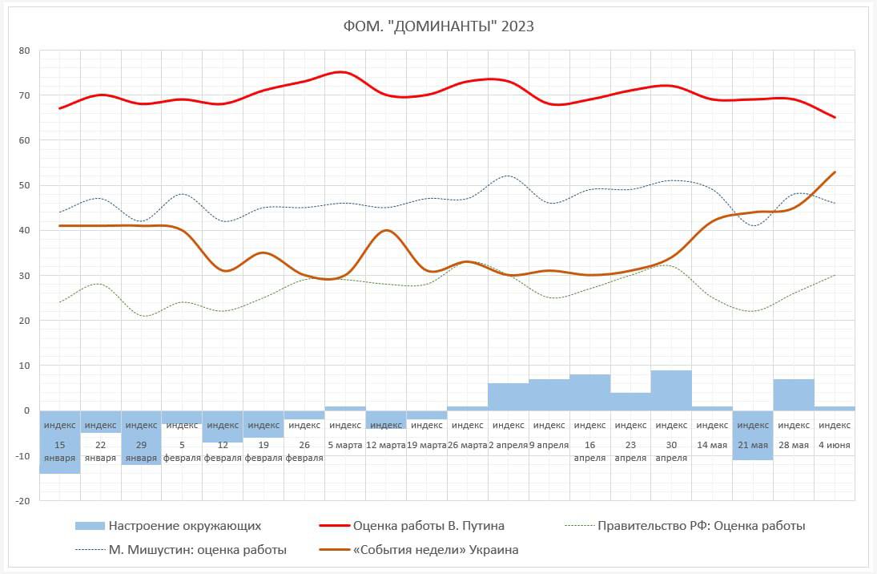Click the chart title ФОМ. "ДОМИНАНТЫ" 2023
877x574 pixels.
pyautogui.click(x=438, y=26)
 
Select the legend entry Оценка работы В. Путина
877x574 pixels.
pyautogui.click(x=428, y=526)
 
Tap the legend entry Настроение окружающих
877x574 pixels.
pyautogui.click(x=185, y=526)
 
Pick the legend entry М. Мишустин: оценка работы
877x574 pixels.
pyautogui.click(x=197, y=550)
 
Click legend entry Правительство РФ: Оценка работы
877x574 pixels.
pyautogui.click(x=702, y=526)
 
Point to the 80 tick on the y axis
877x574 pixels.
pyautogui.click(x=24, y=51)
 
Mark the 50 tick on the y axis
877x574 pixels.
pyautogui.click(x=24, y=186)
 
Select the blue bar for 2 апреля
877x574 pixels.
pyautogui.click(x=509, y=397)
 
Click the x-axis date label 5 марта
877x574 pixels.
pyautogui.click(x=345, y=445)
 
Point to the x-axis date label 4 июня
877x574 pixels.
pyautogui.click(x=835, y=445)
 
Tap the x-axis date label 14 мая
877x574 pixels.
pyautogui.click(x=712, y=445)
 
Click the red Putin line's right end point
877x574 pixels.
pyautogui.click(x=835, y=118)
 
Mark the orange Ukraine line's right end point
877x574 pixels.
pyautogui.click(x=835, y=172)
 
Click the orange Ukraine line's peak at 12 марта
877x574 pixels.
pyautogui.click(x=387, y=231)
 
